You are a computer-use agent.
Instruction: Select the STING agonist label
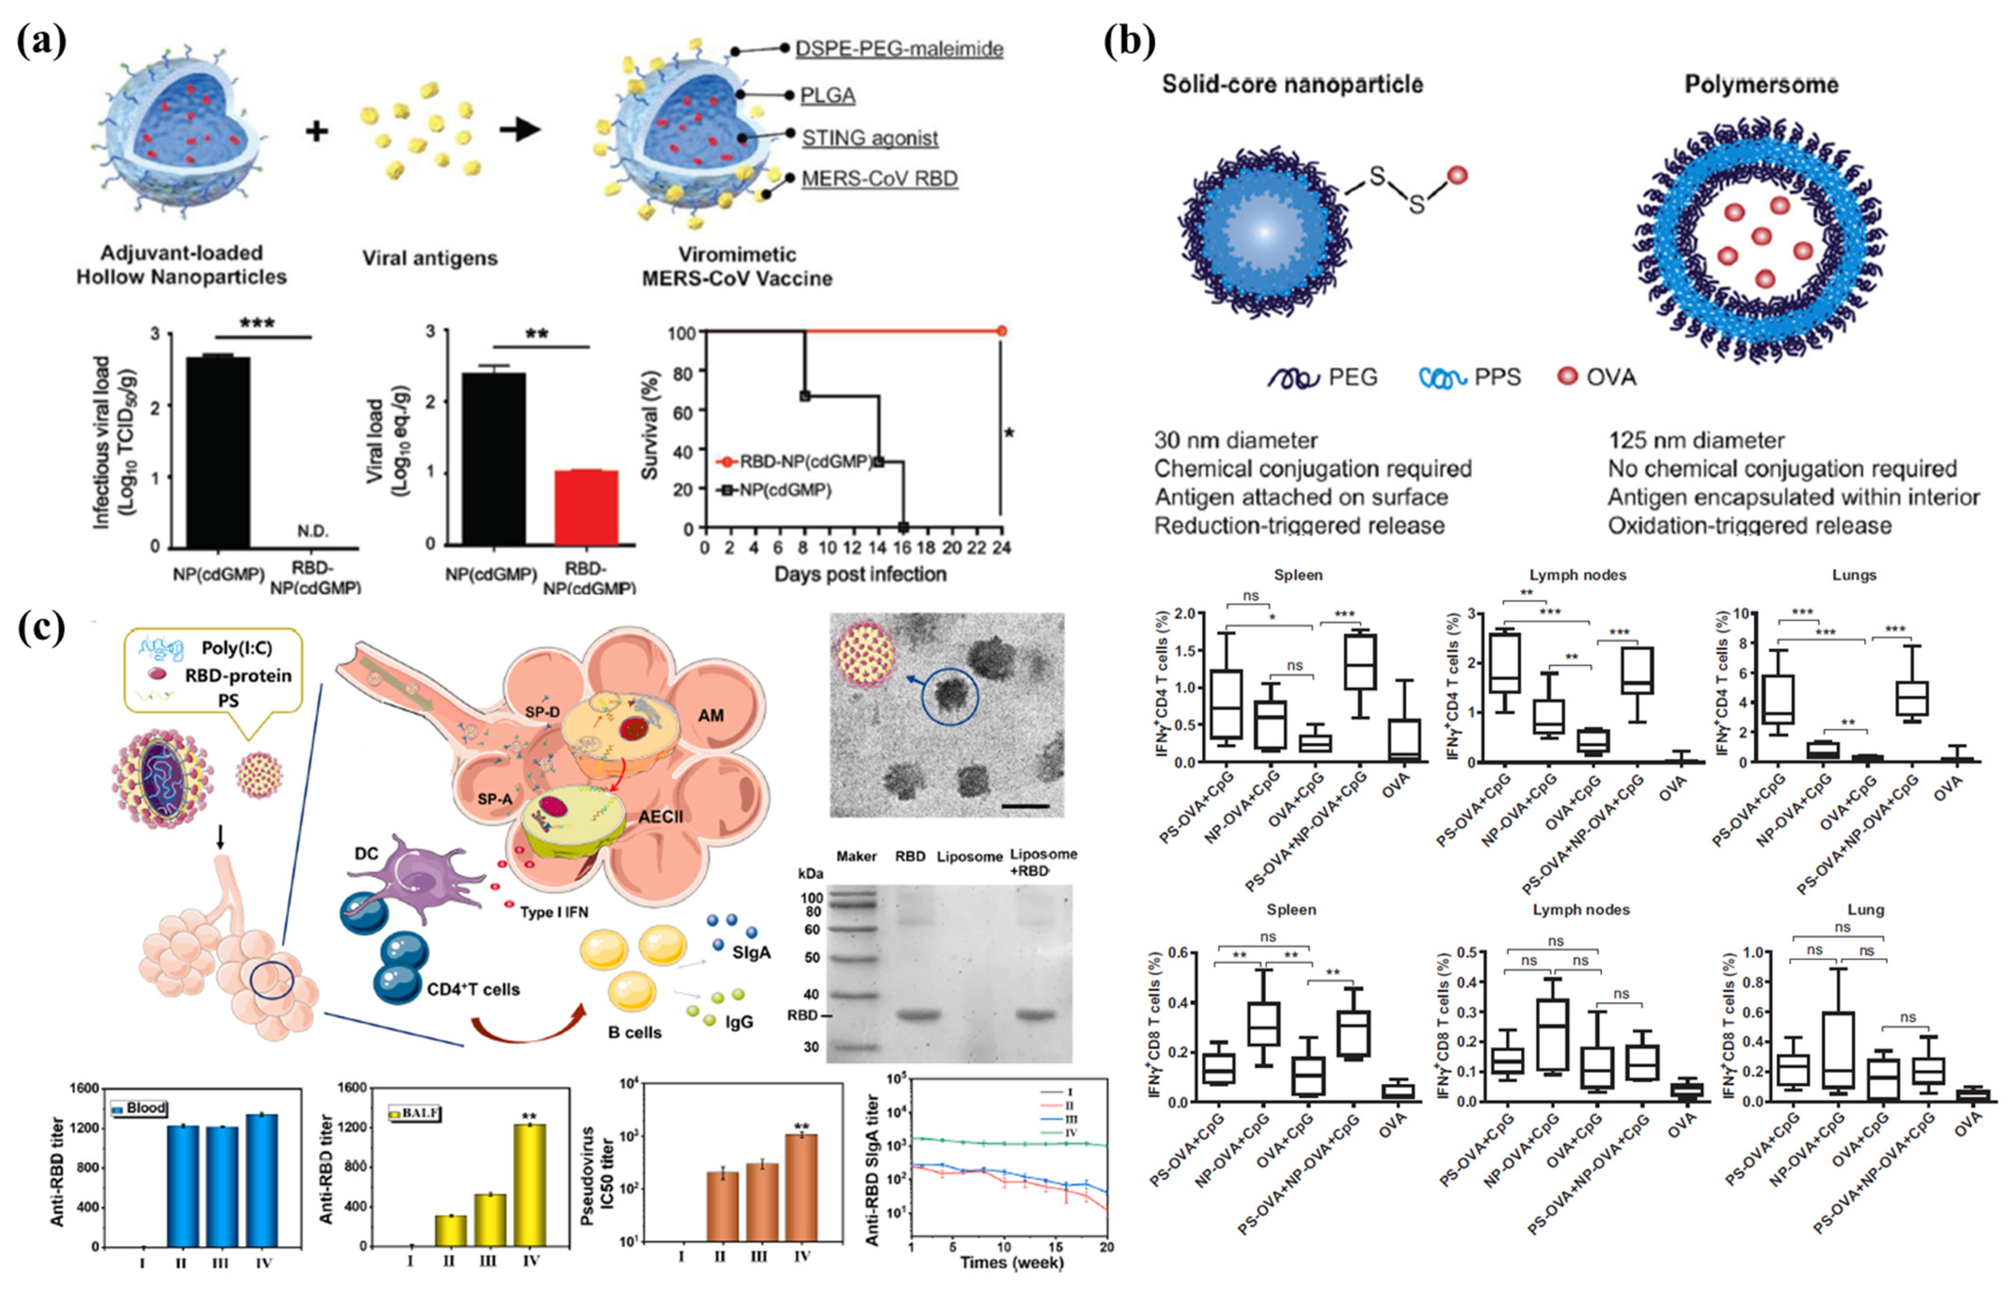869,138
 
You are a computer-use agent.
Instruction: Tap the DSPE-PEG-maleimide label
898,48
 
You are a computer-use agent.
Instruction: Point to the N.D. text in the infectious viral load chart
313,531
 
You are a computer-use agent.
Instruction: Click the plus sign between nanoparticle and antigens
317,131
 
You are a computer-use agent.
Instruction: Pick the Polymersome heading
1761,85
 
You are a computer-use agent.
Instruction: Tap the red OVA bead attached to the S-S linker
1457,175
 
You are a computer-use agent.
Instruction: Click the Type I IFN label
559,911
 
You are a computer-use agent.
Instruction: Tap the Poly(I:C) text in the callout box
236,647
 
